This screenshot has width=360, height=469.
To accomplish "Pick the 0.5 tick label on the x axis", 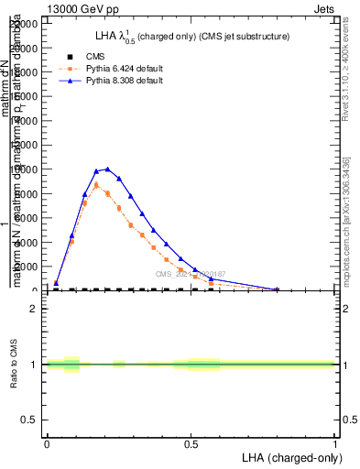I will point(191,444).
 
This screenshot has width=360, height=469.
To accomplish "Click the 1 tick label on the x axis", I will point(335,444).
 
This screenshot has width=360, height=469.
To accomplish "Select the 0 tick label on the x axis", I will point(47,444).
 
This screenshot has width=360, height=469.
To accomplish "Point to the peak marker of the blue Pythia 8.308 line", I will point(108,169).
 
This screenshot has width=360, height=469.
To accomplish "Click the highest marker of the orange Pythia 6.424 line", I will point(96,185).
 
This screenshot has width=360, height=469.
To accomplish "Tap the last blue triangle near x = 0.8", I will point(277,289).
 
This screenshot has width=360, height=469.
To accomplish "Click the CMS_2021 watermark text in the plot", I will point(190,275).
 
